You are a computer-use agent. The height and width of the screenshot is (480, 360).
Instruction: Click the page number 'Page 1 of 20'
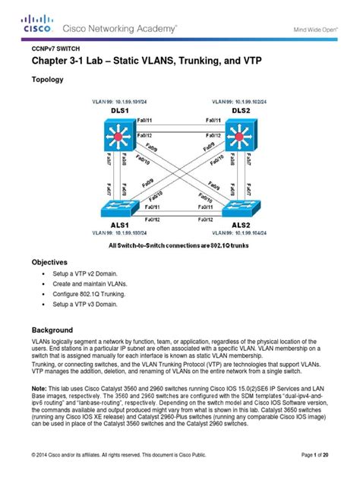(324, 455)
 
